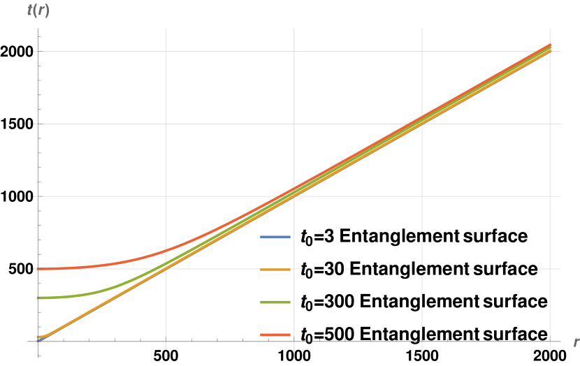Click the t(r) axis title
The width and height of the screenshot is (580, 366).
(x=38, y=11)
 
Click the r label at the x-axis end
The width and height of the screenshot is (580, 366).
(x=575, y=342)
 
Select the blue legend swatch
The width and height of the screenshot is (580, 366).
(x=275, y=237)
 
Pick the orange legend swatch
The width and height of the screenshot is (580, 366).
(x=275, y=270)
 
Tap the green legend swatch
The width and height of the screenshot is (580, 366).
(x=275, y=302)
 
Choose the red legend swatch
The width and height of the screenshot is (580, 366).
(x=275, y=335)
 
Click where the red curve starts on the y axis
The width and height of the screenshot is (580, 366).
(x=38, y=269)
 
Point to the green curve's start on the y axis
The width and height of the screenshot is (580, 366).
(x=38, y=298)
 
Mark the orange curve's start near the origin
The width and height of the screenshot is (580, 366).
(x=38, y=337)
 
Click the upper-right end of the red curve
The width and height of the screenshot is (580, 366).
(x=551, y=45)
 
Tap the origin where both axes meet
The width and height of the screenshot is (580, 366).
(x=38, y=342)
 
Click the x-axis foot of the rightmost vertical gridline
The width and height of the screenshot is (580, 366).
(x=551, y=342)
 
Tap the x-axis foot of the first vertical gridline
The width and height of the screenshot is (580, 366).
(x=166, y=342)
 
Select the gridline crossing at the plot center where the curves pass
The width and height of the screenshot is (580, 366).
(x=294, y=196)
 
